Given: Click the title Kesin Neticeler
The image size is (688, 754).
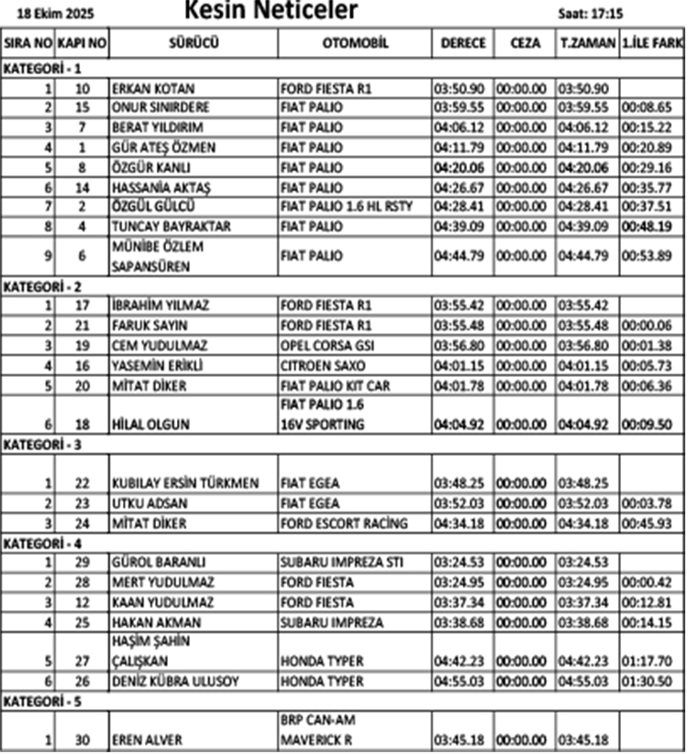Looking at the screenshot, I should click(x=271, y=11).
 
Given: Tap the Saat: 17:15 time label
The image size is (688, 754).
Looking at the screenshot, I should click(x=592, y=15).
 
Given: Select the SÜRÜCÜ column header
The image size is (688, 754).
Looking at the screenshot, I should click(x=194, y=43).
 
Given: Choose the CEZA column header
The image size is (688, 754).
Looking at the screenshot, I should click(x=521, y=43).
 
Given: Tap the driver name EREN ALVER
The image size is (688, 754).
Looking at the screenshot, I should click(x=144, y=738).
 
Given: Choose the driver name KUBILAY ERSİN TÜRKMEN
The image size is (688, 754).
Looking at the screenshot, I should click(x=185, y=483).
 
